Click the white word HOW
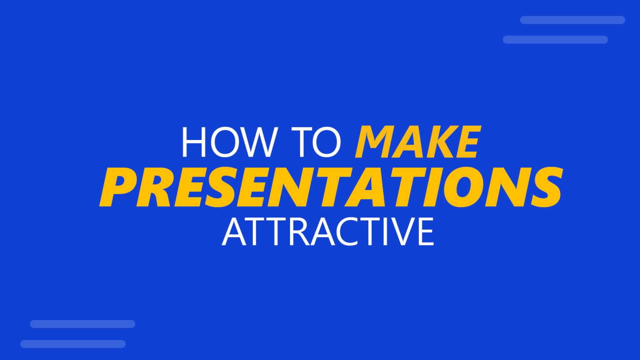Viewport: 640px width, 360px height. (230, 142)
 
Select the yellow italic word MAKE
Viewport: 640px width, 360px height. (418, 142)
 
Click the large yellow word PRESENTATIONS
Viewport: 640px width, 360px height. (331, 187)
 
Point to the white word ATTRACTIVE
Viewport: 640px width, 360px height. (328, 232)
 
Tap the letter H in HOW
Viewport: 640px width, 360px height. (194, 142)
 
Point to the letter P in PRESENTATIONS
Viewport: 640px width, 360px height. (119, 187)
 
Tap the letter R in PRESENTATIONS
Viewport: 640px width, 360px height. (155, 187)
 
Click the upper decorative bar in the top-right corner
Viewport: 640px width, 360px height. (572, 20)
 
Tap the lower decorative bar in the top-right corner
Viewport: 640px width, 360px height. (555, 40)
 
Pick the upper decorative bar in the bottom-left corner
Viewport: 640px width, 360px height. (82, 324)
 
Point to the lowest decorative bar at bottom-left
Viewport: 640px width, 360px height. (73, 344)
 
